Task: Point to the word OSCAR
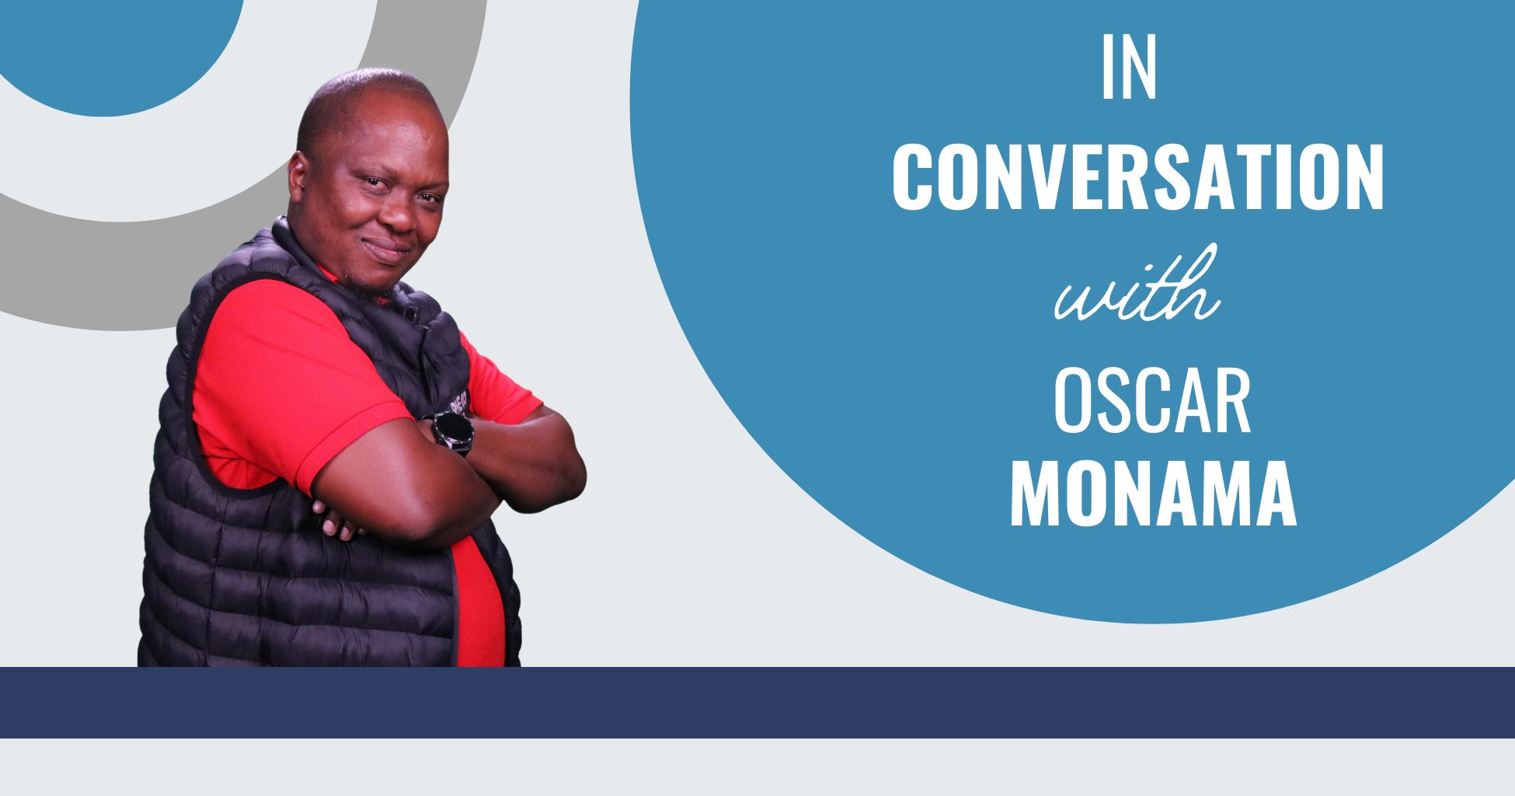click(x=1151, y=402)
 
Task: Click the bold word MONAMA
click(x=1153, y=494)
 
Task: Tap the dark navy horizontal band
click(x=757, y=702)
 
